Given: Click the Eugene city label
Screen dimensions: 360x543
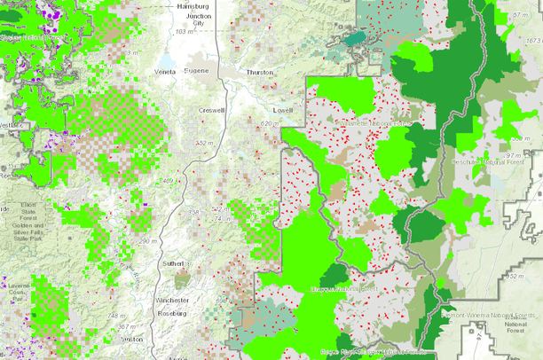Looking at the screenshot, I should point(197,70).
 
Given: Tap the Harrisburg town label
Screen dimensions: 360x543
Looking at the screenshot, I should point(192,6).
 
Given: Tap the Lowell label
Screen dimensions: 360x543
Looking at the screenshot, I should point(283,109).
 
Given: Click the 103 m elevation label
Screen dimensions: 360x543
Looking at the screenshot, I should point(183,32).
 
